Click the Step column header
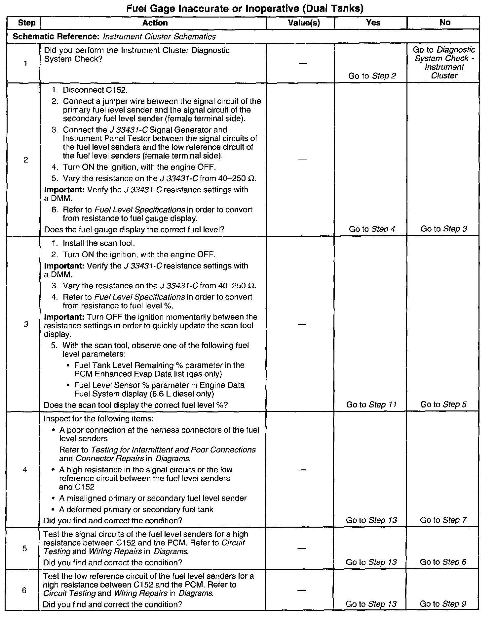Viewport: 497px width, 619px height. coord(26,23)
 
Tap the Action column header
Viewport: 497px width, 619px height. coord(155,23)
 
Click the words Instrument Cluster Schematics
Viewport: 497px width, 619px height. coord(159,37)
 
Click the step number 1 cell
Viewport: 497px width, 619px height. coord(26,63)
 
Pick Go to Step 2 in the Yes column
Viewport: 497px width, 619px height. coord(372,76)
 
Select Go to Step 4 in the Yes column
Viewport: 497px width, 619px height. coord(372,229)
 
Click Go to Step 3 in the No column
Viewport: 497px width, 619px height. coord(443,229)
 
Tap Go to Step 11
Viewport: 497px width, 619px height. coord(371,405)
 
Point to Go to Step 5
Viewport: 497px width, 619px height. coord(443,405)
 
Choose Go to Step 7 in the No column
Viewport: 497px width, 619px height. coord(443,520)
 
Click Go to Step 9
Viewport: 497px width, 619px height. coord(443,604)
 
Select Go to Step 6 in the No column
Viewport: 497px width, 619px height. coord(443,562)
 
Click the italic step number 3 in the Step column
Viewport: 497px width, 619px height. coord(26,324)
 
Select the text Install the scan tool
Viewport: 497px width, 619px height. coord(98,243)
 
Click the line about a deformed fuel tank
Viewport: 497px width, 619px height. coord(136,509)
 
